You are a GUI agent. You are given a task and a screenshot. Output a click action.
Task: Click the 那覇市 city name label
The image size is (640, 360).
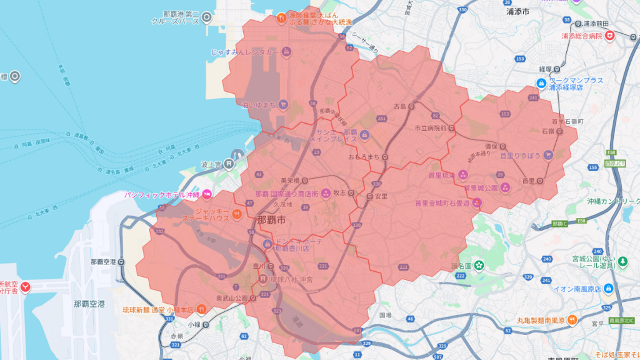click(272, 221)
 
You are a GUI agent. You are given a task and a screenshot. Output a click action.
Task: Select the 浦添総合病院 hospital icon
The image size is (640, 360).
click(610, 37)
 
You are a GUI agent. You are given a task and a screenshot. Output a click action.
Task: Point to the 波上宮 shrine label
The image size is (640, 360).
click(211, 165)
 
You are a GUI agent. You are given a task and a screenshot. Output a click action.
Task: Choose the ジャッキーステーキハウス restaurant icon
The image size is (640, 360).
click(237, 214)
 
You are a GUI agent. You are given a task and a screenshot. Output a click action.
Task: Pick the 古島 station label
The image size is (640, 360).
click(399, 107)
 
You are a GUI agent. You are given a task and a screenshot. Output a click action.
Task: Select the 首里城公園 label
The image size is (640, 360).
click(480, 188)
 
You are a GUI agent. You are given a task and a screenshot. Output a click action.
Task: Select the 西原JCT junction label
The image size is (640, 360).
click(616, 164)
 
